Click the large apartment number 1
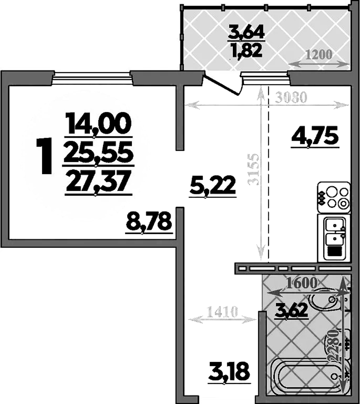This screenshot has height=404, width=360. click(45, 156)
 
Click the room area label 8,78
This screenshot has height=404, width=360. click(149, 222)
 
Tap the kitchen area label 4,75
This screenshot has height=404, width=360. click(314, 136)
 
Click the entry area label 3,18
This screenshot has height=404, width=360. click(229, 372)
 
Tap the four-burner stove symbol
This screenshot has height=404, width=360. click(333, 197)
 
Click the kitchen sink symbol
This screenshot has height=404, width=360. click(333, 237)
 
